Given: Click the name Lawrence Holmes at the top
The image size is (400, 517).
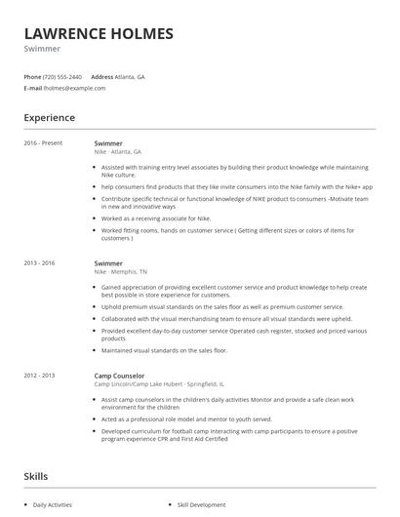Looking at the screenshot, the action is coord(99,34).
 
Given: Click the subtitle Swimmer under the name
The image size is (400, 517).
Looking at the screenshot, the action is coord(42,49).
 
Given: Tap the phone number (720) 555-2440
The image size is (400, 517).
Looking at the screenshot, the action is coord(62,76).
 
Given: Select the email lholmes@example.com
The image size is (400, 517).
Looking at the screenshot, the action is coord(74,88).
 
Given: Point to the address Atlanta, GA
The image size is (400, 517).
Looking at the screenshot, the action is coord(130,76).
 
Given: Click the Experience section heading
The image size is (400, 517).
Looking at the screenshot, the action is coord(49,118).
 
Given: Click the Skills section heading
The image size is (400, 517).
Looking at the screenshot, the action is coord(36,477).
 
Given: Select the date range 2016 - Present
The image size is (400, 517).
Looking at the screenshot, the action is coord(43,143).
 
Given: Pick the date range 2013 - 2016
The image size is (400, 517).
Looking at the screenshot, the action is coord(40,263).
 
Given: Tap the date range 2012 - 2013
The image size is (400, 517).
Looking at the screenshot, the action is coord(40,375).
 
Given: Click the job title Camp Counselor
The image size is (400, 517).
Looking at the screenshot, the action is coord(119,375).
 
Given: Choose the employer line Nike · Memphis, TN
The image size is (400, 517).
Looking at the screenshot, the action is coord(121,271).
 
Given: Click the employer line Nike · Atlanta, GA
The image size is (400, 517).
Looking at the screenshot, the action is coord(118,151).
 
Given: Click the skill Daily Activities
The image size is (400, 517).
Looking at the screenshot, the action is coord(53,505).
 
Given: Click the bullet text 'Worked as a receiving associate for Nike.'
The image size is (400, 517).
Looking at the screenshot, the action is coord(156,219).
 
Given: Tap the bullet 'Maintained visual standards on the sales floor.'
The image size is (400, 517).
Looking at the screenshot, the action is coord(164,349).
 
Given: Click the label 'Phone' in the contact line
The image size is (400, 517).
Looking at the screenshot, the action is coord(32,76).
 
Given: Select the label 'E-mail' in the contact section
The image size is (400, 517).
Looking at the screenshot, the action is coord(32,88).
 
